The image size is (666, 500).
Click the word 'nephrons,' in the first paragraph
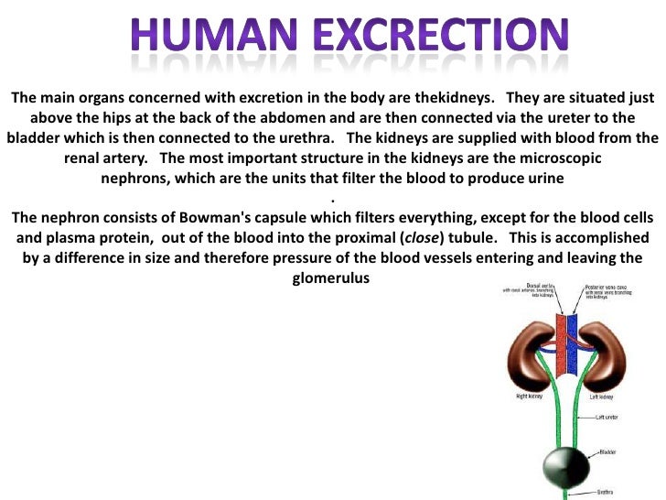137,178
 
